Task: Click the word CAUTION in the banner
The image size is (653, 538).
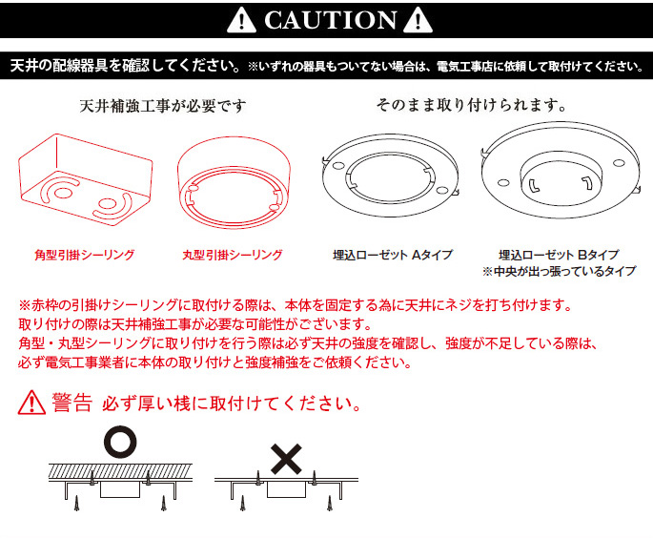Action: (x=330, y=20)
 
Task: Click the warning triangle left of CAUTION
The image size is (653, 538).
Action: (x=241, y=20)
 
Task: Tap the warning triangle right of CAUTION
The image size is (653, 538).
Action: (x=418, y=20)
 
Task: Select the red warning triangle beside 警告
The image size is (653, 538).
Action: (x=31, y=403)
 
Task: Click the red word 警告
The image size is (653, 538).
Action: (x=71, y=403)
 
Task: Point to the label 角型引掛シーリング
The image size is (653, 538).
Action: (x=85, y=255)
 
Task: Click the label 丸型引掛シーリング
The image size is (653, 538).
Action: (x=233, y=255)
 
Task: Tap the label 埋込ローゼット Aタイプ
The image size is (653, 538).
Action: (x=393, y=255)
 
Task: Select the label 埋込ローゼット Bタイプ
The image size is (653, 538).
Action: (x=559, y=255)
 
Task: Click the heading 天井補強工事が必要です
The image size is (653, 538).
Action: (x=163, y=106)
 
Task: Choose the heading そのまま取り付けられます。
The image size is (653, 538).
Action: (x=472, y=105)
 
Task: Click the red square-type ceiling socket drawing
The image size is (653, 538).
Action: (x=86, y=180)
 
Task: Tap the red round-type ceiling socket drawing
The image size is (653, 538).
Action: (x=234, y=182)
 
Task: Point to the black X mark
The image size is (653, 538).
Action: (x=286, y=459)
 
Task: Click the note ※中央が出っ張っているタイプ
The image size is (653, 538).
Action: (x=559, y=272)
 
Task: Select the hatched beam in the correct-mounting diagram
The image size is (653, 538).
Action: (x=120, y=471)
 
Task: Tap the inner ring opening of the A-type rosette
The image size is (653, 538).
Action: (x=391, y=177)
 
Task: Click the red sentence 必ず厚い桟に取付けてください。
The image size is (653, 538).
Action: (x=232, y=403)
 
